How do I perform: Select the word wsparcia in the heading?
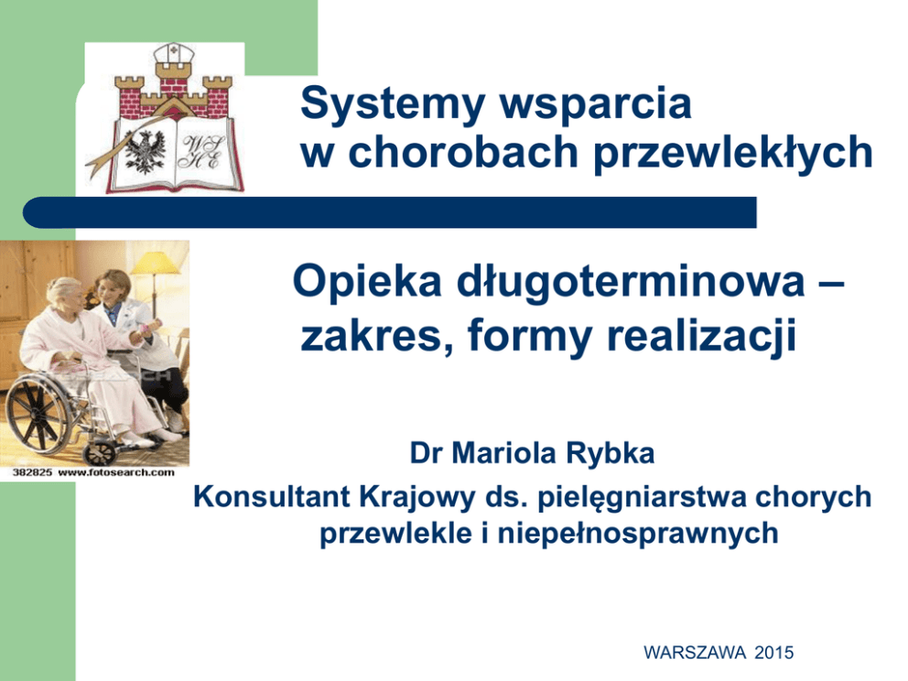(595, 103)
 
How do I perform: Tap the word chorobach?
(463, 152)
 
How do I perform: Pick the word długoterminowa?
(631, 282)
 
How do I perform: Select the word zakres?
(377, 336)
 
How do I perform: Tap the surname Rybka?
(610, 453)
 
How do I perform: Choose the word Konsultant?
(272, 497)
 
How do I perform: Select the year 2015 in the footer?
(773, 653)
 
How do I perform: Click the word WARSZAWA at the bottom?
(695, 653)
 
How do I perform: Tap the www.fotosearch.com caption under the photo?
(116, 472)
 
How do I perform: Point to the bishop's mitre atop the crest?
(173, 54)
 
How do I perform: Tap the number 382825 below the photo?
(32, 472)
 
